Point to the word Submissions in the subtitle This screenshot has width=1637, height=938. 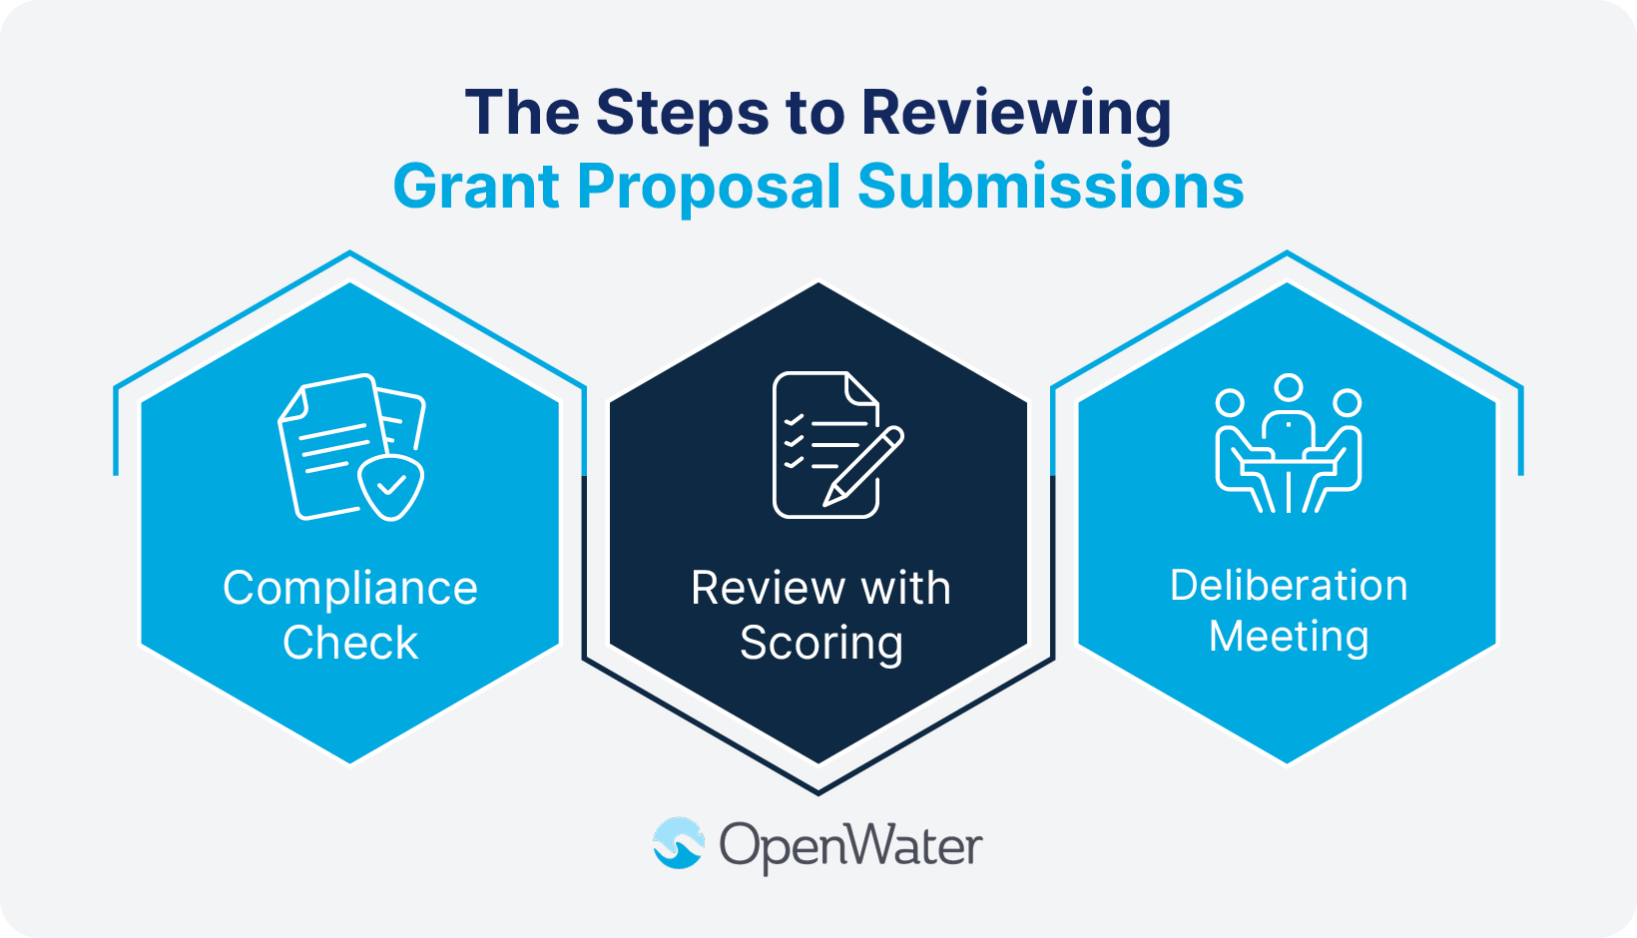1050,187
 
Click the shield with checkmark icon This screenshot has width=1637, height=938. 390,487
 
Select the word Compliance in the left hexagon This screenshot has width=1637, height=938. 350,589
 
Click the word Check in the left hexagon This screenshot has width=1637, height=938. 350,643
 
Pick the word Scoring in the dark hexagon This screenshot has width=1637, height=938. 820,643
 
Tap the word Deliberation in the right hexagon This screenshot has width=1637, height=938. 1289,586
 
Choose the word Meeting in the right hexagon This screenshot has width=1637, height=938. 1289,637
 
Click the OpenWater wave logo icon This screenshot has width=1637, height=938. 679,843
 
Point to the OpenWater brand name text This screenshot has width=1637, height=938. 850,846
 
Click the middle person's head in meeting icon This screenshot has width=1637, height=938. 1289,387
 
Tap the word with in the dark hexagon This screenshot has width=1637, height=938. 905,588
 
